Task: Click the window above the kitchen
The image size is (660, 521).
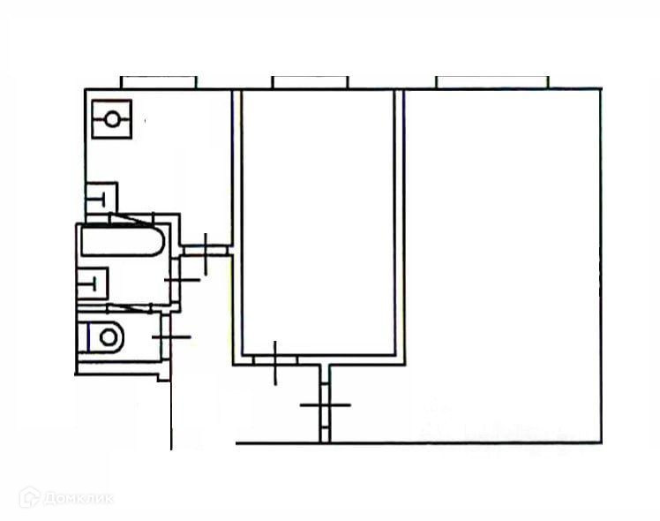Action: pos(158,82)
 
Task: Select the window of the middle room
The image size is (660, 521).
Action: pos(310,82)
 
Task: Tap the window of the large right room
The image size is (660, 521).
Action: pos(492,82)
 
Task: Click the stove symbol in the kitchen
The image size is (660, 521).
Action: pos(112,119)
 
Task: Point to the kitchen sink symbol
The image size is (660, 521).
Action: pos(101,198)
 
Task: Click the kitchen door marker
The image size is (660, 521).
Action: pos(205,253)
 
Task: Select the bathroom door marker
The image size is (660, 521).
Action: pos(180,280)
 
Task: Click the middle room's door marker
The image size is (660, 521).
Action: pos(275,360)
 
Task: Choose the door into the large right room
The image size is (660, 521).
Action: pos(324,404)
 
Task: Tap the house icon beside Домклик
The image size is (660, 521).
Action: pos(29,497)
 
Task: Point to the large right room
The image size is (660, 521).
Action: pos(503,265)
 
